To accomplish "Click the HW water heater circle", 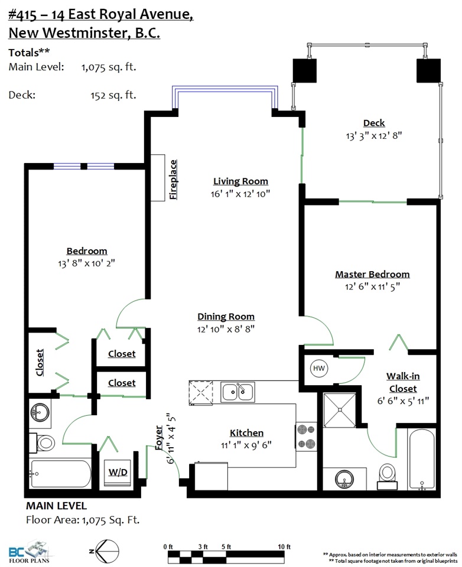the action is [319, 369].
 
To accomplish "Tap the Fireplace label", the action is [173, 180].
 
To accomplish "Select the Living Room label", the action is [240, 181].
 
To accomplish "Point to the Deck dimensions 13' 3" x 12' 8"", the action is [374, 136].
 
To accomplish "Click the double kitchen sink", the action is [237, 392].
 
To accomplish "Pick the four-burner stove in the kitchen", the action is [306, 436].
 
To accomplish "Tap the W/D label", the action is [118, 472].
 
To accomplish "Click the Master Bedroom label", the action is [372, 274].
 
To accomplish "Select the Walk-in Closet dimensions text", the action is [403, 400].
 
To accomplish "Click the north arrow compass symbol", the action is [105, 551].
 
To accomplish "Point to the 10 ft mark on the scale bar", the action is [284, 547].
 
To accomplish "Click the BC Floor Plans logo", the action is [30, 552].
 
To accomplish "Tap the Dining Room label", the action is [226, 317].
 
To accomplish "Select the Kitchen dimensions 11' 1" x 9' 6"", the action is [246, 445].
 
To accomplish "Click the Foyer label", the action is [159, 438].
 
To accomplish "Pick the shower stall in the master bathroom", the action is [339, 410].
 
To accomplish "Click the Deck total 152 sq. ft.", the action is [113, 95].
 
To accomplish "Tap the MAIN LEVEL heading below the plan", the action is [57, 506].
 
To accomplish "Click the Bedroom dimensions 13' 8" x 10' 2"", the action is [86, 263].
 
